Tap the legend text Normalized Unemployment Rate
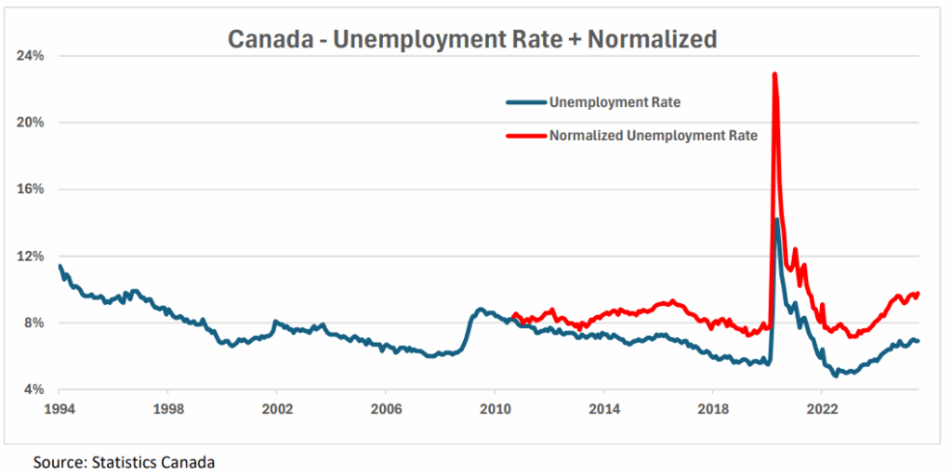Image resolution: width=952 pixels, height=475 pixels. [654, 136]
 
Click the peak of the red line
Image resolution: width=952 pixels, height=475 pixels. [774, 74]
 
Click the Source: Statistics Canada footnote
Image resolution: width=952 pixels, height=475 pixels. [125, 461]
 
